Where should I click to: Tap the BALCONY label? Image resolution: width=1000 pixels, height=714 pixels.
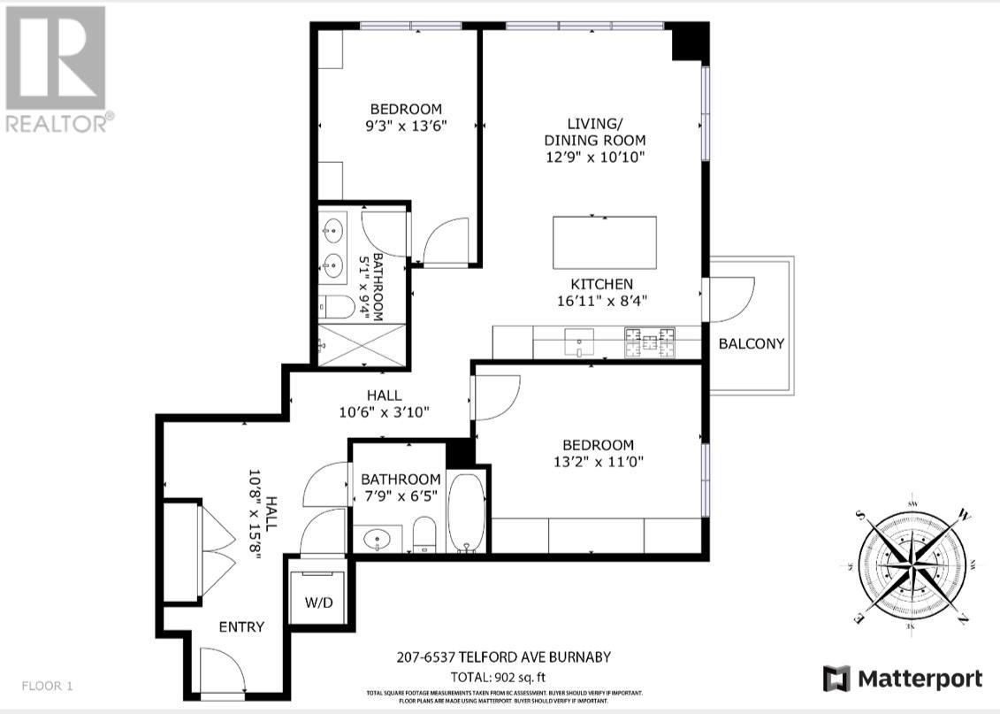click(x=751, y=343)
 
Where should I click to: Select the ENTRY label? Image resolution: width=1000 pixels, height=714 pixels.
click(x=241, y=626)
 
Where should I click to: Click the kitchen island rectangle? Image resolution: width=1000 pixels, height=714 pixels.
click(x=605, y=242)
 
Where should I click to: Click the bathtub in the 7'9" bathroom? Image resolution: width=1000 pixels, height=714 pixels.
click(x=466, y=512)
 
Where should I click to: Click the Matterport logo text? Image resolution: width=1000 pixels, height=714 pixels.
click(x=903, y=679)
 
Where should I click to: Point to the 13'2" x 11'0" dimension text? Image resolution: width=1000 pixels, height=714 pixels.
click(x=599, y=461)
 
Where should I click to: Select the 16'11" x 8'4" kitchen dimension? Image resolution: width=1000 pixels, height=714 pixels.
click(x=601, y=300)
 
